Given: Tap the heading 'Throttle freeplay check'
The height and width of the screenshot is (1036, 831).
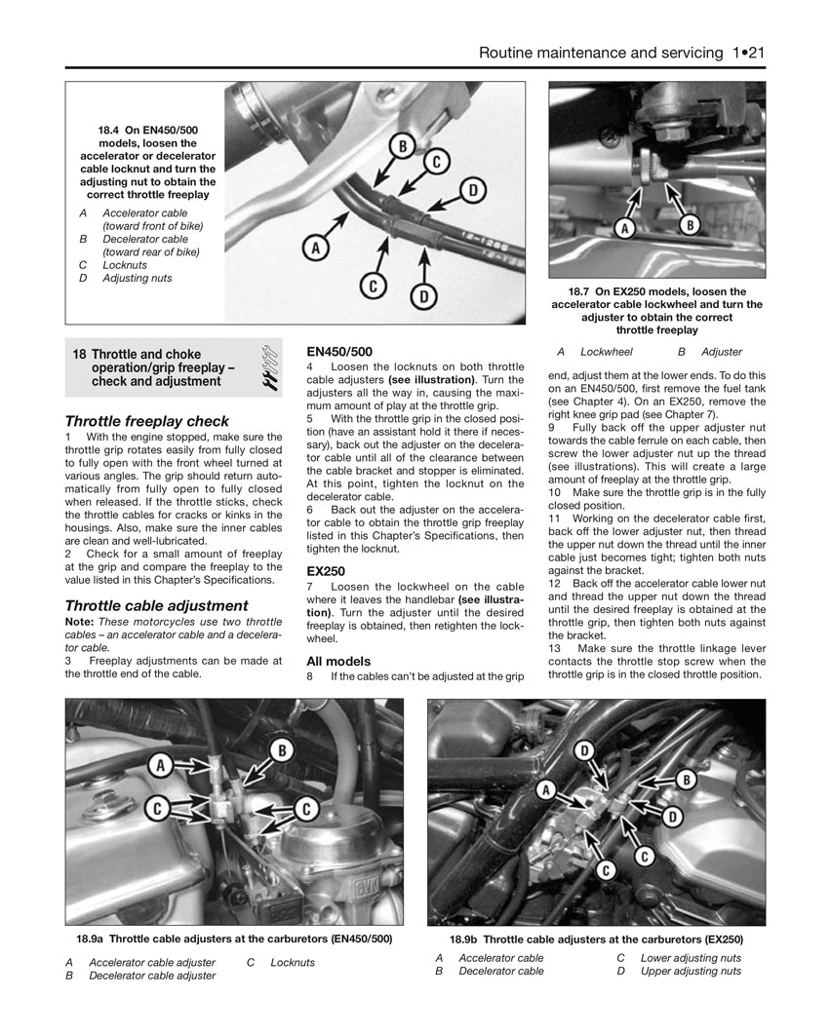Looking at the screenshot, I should (x=147, y=421).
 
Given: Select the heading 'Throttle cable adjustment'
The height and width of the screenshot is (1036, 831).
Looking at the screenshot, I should (x=156, y=605).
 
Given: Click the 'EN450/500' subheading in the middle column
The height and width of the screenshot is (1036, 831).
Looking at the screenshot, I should (x=339, y=351).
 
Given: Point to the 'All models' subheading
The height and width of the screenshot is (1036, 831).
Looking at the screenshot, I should (x=338, y=661).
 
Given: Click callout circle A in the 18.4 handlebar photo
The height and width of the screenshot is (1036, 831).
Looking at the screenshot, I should (x=314, y=249).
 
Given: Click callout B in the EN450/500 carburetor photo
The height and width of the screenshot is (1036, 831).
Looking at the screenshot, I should (x=282, y=749).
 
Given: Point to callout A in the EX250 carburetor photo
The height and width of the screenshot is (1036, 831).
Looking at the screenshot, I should (x=546, y=788).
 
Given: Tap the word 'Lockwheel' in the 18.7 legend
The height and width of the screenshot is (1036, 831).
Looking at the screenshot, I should (x=607, y=352).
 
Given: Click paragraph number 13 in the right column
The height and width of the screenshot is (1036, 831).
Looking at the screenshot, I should (x=555, y=648).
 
